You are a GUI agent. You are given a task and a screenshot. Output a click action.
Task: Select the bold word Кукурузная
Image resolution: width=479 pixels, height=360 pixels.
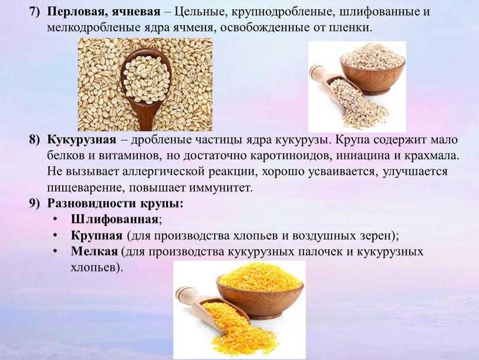click(82, 140)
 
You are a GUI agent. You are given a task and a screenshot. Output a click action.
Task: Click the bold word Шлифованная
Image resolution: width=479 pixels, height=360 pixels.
click(115, 220)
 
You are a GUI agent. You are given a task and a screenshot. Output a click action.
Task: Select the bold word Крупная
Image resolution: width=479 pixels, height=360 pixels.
click(96, 236)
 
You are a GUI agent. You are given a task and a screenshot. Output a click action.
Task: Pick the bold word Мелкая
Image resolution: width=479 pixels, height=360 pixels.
click(95, 252)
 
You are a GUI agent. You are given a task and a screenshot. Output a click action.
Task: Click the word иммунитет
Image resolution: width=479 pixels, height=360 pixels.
click(221, 187)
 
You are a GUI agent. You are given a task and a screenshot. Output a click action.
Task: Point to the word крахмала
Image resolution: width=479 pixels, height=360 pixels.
click(431, 156)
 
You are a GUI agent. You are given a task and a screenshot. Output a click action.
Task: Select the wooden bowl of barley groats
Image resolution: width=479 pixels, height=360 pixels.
click(373, 71)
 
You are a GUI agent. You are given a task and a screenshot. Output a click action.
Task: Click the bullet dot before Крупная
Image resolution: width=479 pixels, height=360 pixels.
click(55, 236)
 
